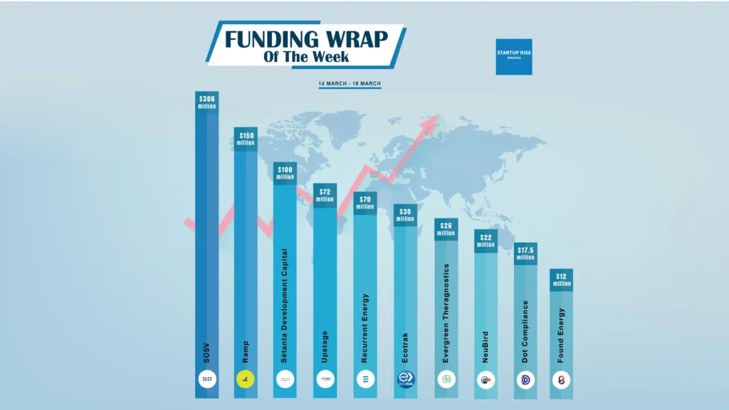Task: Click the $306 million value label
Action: tap(207, 102)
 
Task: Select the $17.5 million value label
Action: tap(525, 253)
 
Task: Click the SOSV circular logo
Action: tap(207, 379)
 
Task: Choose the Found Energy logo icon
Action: tap(562, 379)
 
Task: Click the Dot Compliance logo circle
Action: tap(525, 379)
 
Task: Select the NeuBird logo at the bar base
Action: tap(486, 379)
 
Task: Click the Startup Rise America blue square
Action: tap(514, 56)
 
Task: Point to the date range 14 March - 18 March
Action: tap(350, 84)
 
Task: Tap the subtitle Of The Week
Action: tap(306, 57)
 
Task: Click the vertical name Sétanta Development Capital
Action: tap(285, 306)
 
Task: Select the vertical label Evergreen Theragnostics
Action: tap(446, 313)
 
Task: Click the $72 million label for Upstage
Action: tap(325, 195)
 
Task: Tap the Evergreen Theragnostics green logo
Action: tap(446, 379)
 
